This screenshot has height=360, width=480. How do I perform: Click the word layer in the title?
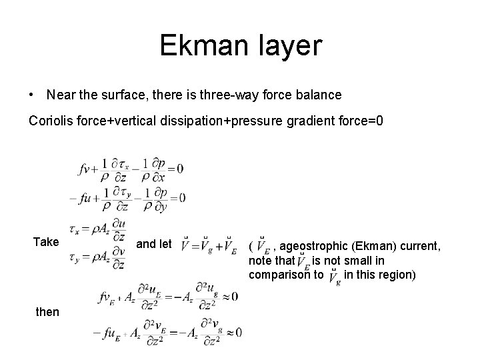[288, 46]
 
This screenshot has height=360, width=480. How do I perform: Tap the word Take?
[45, 242]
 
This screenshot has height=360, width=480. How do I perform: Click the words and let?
[154, 244]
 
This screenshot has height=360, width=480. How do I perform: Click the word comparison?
[285, 274]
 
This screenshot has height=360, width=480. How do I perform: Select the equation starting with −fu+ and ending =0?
[128, 197]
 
